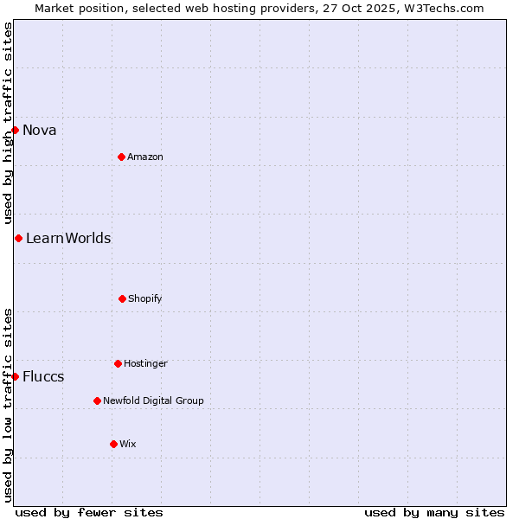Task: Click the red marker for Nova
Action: tap(15, 130)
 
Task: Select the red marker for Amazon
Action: tap(121, 157)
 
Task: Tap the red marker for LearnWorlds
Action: tap(18, 238)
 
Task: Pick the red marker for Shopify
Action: tap(122, 298)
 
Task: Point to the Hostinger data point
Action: tap(118, 363)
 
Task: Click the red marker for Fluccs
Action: tap(15, 376)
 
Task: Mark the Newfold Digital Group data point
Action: tap(97, 400)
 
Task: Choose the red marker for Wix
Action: tap(113, 444)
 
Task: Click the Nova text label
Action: tap(40, 131)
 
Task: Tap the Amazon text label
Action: tap(145, 157)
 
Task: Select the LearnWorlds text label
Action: tap(68, 239)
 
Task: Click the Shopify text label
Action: tap(145, 299)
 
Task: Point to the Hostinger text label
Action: tap(145, 364)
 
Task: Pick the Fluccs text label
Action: tap(43, 377)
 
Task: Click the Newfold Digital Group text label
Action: tap(153, 401)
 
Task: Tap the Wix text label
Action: tap(128, 445)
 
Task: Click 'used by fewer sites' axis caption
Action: tap(89, 512)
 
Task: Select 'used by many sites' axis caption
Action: tap(434, 512)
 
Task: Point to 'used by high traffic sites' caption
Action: tap(8, 123)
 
